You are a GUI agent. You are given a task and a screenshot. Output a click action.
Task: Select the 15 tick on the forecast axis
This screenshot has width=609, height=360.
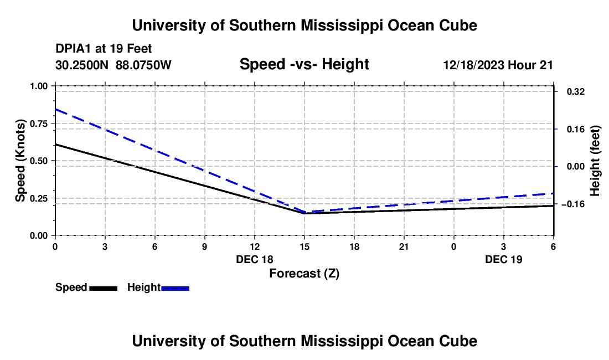tap(304, 246)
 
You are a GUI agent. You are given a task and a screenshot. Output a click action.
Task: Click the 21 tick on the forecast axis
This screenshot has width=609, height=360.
tap(404, 246)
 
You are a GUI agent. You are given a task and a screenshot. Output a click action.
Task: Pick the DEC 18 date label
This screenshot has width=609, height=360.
tap(255, 259)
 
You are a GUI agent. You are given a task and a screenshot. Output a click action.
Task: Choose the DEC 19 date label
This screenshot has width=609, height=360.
tap(504, 259)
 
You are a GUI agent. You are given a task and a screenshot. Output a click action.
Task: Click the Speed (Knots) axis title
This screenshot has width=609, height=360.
tap(20, 161)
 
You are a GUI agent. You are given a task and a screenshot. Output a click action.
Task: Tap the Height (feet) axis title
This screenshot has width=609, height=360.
tap(595, 161)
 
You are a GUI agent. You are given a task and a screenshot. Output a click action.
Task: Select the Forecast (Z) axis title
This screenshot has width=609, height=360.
tap(304, 273)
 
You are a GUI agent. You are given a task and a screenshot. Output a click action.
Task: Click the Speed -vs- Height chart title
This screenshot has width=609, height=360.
tap(304, 65)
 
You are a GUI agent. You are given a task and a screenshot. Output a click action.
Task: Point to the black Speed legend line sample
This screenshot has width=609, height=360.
tap(103, 288)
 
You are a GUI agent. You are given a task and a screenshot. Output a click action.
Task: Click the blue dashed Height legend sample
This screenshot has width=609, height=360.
tap(175, 288)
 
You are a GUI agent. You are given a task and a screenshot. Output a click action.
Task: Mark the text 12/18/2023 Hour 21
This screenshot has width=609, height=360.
tap(498, 65)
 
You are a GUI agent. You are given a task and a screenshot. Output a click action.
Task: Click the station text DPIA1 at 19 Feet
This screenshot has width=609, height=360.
tap(104, 49)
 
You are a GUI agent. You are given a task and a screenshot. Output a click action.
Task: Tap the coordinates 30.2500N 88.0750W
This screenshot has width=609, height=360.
tap(113, 65)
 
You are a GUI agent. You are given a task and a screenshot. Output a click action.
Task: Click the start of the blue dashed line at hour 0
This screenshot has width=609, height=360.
tap(55, 109)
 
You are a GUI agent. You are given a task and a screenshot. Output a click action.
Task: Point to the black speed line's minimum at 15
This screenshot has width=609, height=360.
tap(304, 213)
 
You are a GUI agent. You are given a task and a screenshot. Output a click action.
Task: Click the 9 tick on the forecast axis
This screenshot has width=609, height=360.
tap(205, 246)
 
